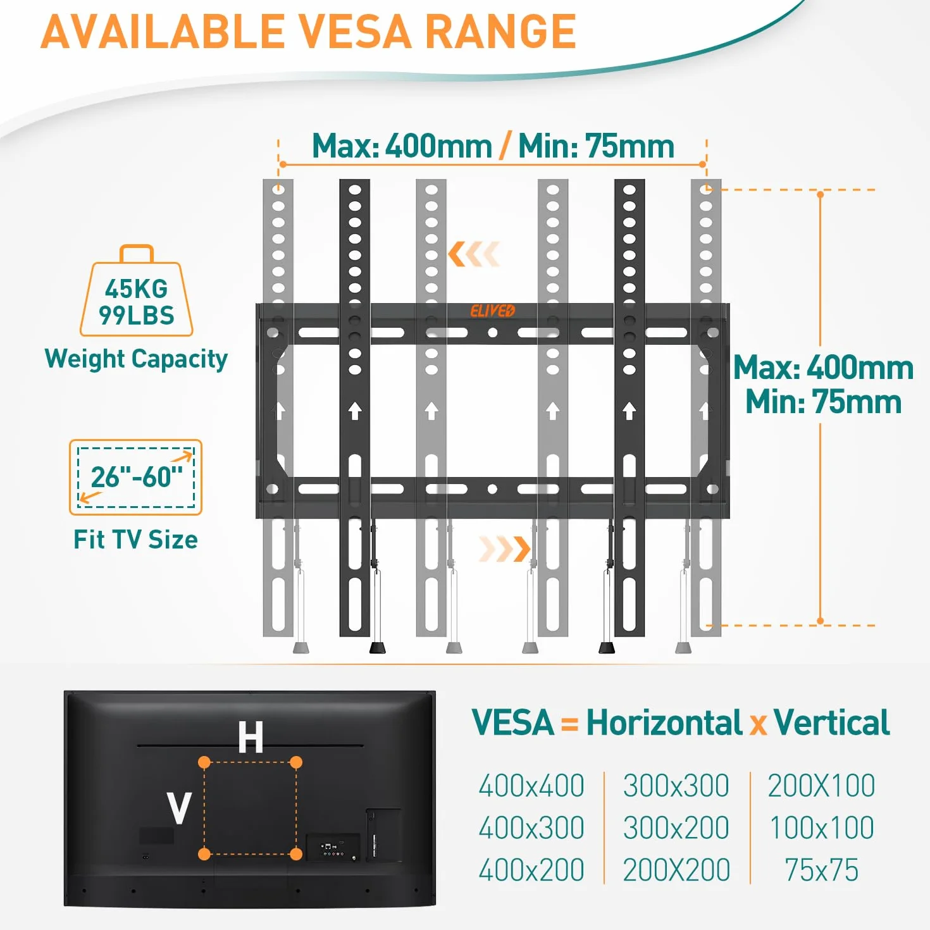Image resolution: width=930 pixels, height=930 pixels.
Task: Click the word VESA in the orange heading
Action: [x=354, y=32]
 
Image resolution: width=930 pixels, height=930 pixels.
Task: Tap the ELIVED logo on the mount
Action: [x=492, y=311]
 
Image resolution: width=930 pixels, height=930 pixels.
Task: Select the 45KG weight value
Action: [x=137, y=289]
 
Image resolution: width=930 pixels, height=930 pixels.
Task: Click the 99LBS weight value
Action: [x=137, y=315]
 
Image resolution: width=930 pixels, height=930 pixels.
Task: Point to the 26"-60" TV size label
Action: [x=137, y=477]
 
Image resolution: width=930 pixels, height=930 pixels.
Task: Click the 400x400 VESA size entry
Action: [x=531, y=786]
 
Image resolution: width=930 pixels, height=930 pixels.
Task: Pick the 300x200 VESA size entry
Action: [x=676, y=828]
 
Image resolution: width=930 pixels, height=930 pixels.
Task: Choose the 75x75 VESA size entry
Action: [x=821, y=870]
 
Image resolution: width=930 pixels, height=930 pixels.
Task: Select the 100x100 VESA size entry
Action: [x=821, y=828]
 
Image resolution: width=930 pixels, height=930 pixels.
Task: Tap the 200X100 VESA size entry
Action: [x=821, y=786]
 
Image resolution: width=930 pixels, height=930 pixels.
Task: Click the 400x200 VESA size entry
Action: [x=531, y=870]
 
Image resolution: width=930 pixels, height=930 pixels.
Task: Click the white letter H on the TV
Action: [x=251, y=738]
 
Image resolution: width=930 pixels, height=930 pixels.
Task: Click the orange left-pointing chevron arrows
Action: [x=473, y=254]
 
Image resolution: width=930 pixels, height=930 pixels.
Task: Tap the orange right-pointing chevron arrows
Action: [x=505, y=549]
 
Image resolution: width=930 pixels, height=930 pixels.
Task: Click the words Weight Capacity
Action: [x=136, y=359]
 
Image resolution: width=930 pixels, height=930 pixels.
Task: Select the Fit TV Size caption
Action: [x=135, y=539]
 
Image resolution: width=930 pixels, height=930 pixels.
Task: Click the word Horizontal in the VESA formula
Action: [x=664, y=723]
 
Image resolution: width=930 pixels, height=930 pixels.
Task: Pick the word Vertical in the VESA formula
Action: [x=832, y=723]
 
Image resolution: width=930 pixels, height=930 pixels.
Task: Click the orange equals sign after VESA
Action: [x=570, y=724]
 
